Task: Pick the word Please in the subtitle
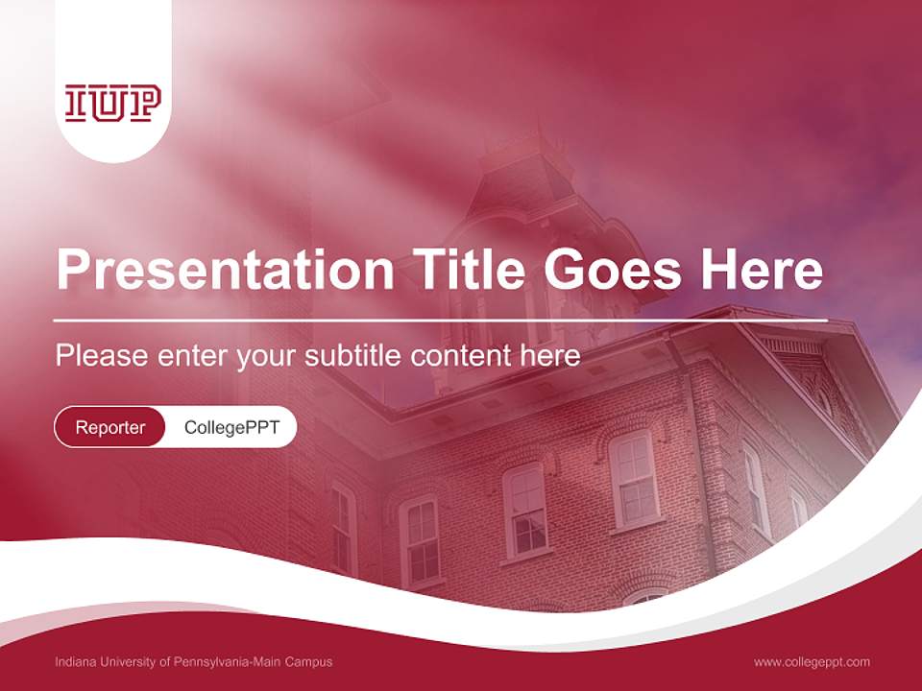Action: tap(99, 356)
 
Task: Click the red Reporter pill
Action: tap(110, 427)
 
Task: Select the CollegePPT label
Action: tap(231, 427)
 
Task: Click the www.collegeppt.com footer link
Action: tap(812, 662)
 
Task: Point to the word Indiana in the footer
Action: tap(75, 662)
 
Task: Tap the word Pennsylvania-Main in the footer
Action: tap(226, 662)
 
